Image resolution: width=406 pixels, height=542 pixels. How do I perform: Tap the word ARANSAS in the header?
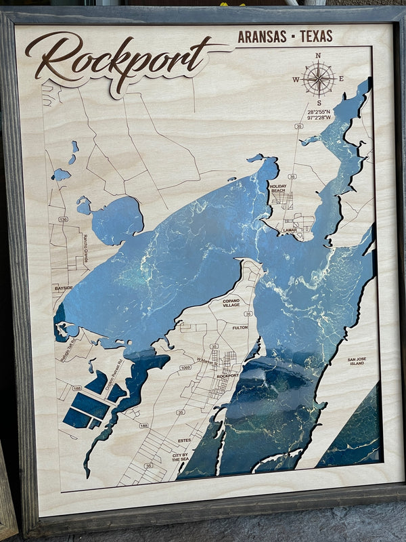(262, 37)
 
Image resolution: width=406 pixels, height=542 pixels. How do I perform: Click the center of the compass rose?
(318, 79)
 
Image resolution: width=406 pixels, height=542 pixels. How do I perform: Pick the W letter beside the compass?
(296, 79)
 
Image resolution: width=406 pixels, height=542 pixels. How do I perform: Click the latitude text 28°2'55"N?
(319, 110)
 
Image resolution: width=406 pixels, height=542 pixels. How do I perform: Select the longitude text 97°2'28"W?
(319, 117)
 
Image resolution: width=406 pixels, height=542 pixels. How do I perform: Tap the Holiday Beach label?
(278, 188)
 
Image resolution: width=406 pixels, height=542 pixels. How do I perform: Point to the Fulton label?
(240, 327)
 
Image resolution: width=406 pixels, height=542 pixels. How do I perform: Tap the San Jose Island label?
(356, 361)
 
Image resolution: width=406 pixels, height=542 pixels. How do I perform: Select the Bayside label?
(63, 288)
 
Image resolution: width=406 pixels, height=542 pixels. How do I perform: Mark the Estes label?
(183, 440)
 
